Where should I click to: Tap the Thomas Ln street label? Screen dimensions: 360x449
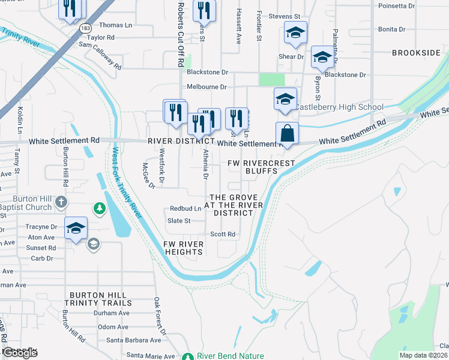115,25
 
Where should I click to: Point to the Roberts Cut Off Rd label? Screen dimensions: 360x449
181,34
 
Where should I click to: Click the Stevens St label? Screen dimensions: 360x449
284,16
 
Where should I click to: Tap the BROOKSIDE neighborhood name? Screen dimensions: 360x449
416,53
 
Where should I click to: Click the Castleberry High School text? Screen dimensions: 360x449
339,107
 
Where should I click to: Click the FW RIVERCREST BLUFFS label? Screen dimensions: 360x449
261,167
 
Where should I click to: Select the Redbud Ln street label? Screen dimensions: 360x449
185,208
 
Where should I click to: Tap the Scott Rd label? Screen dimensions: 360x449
221,234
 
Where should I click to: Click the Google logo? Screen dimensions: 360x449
20,353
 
